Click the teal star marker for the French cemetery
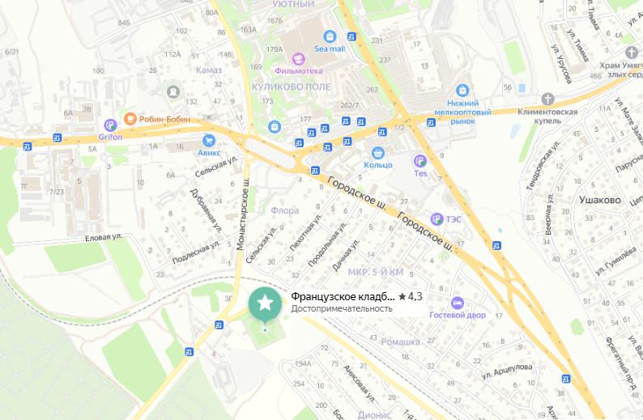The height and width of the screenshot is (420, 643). tap(265, 303)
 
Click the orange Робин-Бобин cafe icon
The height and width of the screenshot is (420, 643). tap(130, 119)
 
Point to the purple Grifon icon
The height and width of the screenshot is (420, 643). tap(111, 125)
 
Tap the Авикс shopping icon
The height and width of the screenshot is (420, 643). tap(207, 138)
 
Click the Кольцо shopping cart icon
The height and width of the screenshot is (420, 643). tap(377, 152)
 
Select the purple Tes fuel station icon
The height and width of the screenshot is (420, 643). tap(420, 161)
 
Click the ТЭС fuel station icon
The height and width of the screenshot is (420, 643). tap(437, 218)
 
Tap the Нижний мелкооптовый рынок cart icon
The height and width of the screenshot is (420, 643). tap(462, 90)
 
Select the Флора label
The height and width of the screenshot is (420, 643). tap(284, 210)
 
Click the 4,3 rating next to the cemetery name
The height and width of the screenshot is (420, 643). tap(415, 296)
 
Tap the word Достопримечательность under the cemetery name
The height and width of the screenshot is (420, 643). tap(342, 308)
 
